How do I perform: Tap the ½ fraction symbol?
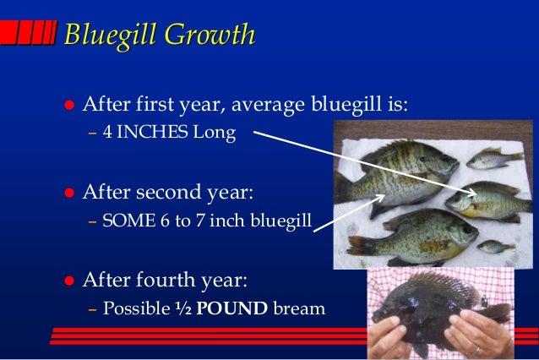[183, 308]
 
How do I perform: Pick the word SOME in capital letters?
[124, 221]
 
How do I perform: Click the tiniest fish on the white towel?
[494, 247]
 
